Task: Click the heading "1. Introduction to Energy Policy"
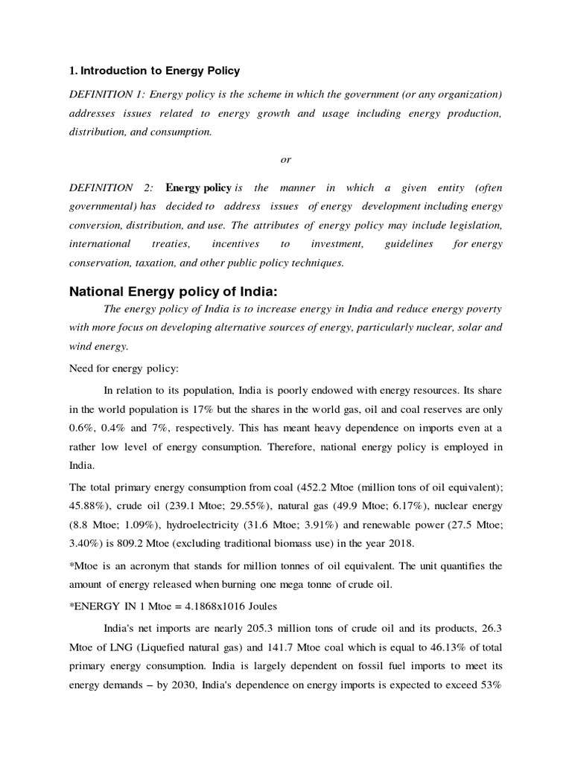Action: (x=154, y=71)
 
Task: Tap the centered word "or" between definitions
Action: (x=286, y=159)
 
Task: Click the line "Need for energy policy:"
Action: (x=119, y=368)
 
